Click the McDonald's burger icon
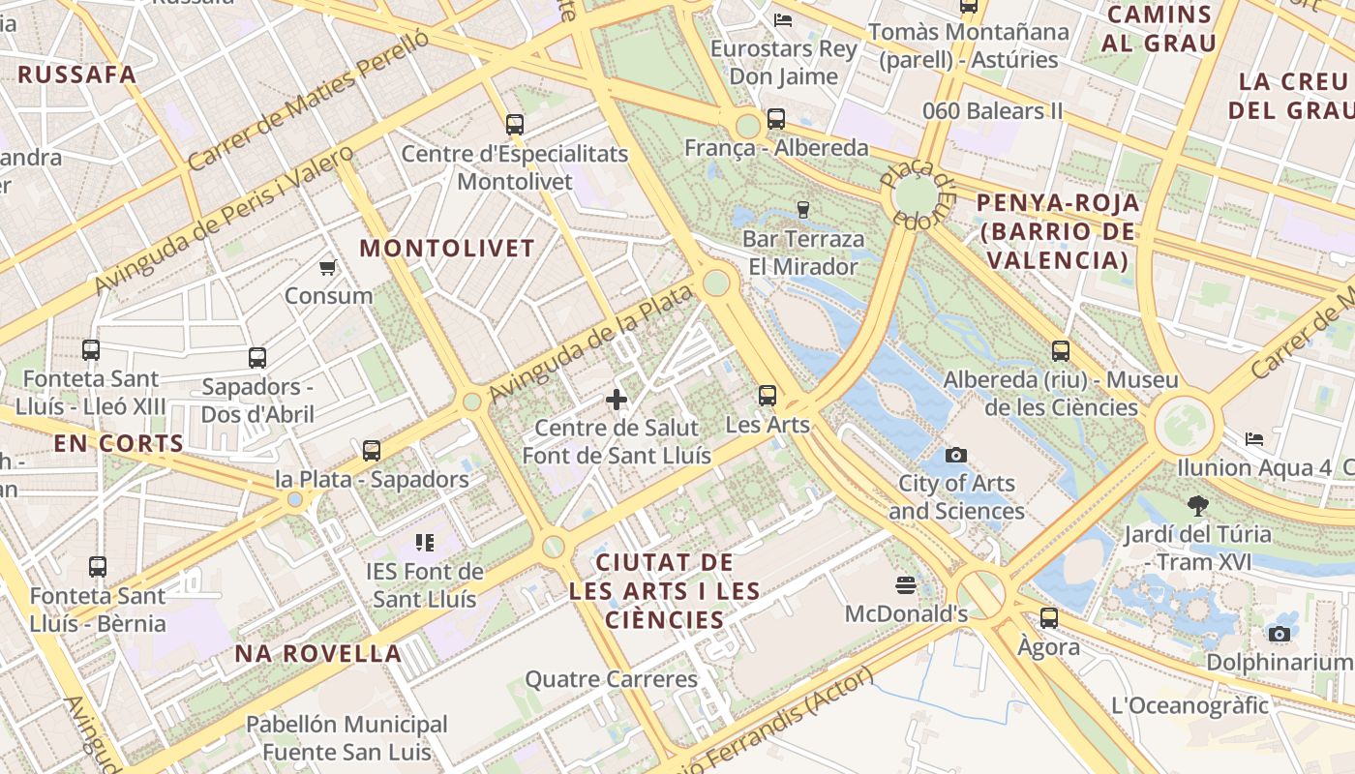coord(906,584)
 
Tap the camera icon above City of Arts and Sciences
coord(955,455)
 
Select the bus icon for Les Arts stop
coord(768,395)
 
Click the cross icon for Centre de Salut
coord(617,399)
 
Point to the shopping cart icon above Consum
coord(328,267)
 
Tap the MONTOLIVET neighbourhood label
coord(447,248)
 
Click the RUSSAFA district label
coord(76,74)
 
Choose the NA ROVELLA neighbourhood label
coord(318,653)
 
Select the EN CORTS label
coord(118,444)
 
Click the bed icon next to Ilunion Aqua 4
coord(1254,439)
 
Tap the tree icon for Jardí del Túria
coord(1197,505)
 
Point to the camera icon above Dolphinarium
coord(1280,634)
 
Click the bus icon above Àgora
coord(1049,617)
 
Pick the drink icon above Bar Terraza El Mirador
coord(802,209)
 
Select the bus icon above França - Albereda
coord(776,119)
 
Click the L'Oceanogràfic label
coord(1189,705)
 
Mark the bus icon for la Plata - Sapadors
coord(372,450)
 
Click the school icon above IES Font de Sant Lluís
coord(424,543)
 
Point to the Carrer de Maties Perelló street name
coord(308,101)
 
